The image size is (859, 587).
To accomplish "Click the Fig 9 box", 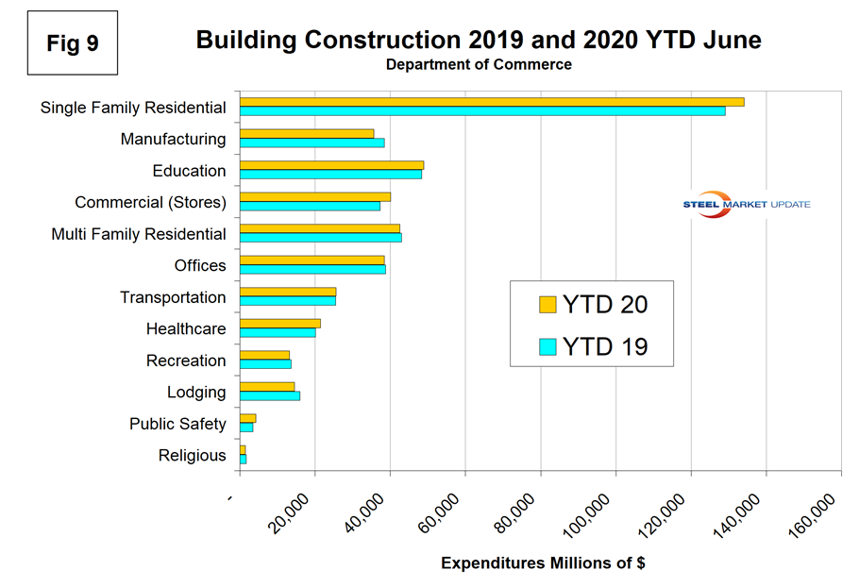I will [73, 43].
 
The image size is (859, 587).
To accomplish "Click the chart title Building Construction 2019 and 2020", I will [479, 40].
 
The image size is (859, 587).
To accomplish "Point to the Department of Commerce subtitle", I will [479, 65].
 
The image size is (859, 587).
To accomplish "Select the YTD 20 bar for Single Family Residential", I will [491, 102].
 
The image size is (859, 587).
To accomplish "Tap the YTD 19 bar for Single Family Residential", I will [481, 111].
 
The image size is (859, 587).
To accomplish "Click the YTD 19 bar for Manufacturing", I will [312, 143].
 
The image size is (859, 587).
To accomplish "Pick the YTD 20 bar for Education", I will [331, 165].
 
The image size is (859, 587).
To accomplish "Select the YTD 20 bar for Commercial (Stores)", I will [314, 196].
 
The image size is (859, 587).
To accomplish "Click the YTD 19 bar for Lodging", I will [269, 396].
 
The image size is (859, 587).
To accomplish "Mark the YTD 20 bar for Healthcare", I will [279, 324].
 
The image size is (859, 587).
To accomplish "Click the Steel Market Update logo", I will [746, 204].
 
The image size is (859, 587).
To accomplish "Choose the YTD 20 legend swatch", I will [547, 305].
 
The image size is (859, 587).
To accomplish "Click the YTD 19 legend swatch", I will [547, 346].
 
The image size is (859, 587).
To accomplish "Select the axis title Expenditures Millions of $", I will [543, 563].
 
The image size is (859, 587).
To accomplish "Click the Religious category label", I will [193, 456].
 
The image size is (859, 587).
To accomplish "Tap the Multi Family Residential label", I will [139, 234].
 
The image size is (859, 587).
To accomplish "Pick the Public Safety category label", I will [177, 425].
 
